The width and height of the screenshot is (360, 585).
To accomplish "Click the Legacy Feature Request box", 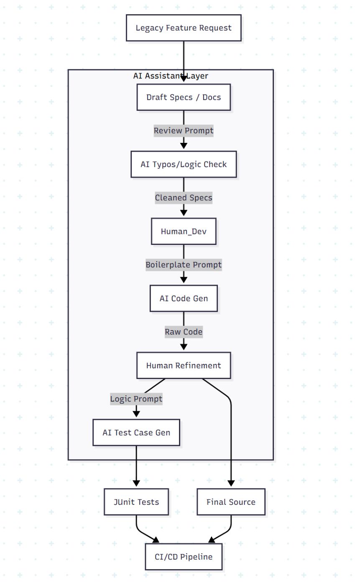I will coord(184,28).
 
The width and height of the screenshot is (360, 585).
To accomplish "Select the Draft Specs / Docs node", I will coord(184,97).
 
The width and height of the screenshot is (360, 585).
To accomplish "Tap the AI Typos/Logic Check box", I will coord(184,164).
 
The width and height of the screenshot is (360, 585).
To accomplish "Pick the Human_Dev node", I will coord(184,231).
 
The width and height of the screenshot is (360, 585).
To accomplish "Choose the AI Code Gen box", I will coord(184,298).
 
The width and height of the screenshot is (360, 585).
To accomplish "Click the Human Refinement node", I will coord(184,366).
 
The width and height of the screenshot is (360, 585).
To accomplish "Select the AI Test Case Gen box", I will coord(136,432).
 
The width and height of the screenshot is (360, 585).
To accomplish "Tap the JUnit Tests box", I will coord(136,502).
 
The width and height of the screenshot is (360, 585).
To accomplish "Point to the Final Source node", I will coord(231,502).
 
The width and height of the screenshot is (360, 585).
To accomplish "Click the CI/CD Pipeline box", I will coord(184,557).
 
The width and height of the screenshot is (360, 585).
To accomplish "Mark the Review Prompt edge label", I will coord(184,130).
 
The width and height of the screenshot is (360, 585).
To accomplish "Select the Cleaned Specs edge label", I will coord(184,198).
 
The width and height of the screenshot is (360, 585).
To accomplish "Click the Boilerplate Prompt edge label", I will coord(184,265).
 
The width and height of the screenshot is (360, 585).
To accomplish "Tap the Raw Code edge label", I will coord(184,332).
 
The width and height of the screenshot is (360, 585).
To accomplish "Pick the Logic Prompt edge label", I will coord(136,399).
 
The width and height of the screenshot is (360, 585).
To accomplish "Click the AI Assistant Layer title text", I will coord(171,76).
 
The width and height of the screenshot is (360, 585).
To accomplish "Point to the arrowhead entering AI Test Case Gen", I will coord(136,414).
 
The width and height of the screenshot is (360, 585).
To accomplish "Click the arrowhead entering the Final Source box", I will coord(231,483).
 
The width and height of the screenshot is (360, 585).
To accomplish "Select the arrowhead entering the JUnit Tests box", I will coord(136,483).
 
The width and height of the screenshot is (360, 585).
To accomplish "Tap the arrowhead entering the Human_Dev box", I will coord(184,213).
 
